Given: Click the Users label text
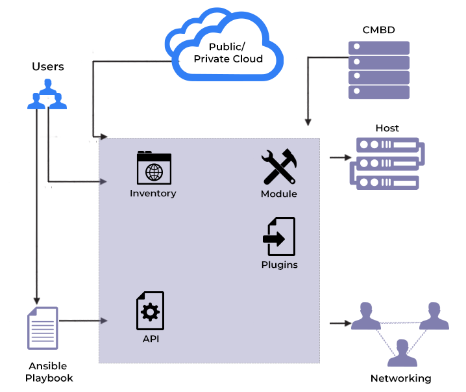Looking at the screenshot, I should (x=48, y=67).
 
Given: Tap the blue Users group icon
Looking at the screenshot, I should (x=47, y=94).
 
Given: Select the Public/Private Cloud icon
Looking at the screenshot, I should (x=226, y=45).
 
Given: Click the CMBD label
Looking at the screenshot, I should (x=379, y=30).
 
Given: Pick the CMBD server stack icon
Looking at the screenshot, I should (x=379, y=70).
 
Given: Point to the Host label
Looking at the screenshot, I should (x=387, y=128).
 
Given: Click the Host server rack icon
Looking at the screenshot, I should (x=386, y=163).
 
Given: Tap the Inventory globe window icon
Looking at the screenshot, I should (x=154, y=168).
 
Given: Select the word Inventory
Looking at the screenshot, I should (x=153, y=194).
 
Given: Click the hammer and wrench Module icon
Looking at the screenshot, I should (x=279, y=167).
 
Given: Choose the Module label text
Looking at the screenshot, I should (x=279, y=194).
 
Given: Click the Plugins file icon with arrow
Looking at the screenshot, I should (x=279, y=237).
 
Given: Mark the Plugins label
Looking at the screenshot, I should (x=280, y=265).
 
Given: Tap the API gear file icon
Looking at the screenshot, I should (x=150, y=311).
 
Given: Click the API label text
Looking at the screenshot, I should (x=151, y=339).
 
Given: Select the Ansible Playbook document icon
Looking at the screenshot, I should (x=43, y=328).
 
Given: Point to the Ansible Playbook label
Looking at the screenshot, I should (x=49, y=372).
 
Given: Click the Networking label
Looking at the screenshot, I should (x=400, y=378).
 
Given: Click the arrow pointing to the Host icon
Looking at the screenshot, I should (x=340, y=158).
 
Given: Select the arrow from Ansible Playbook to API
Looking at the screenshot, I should (x=82, y=320).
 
